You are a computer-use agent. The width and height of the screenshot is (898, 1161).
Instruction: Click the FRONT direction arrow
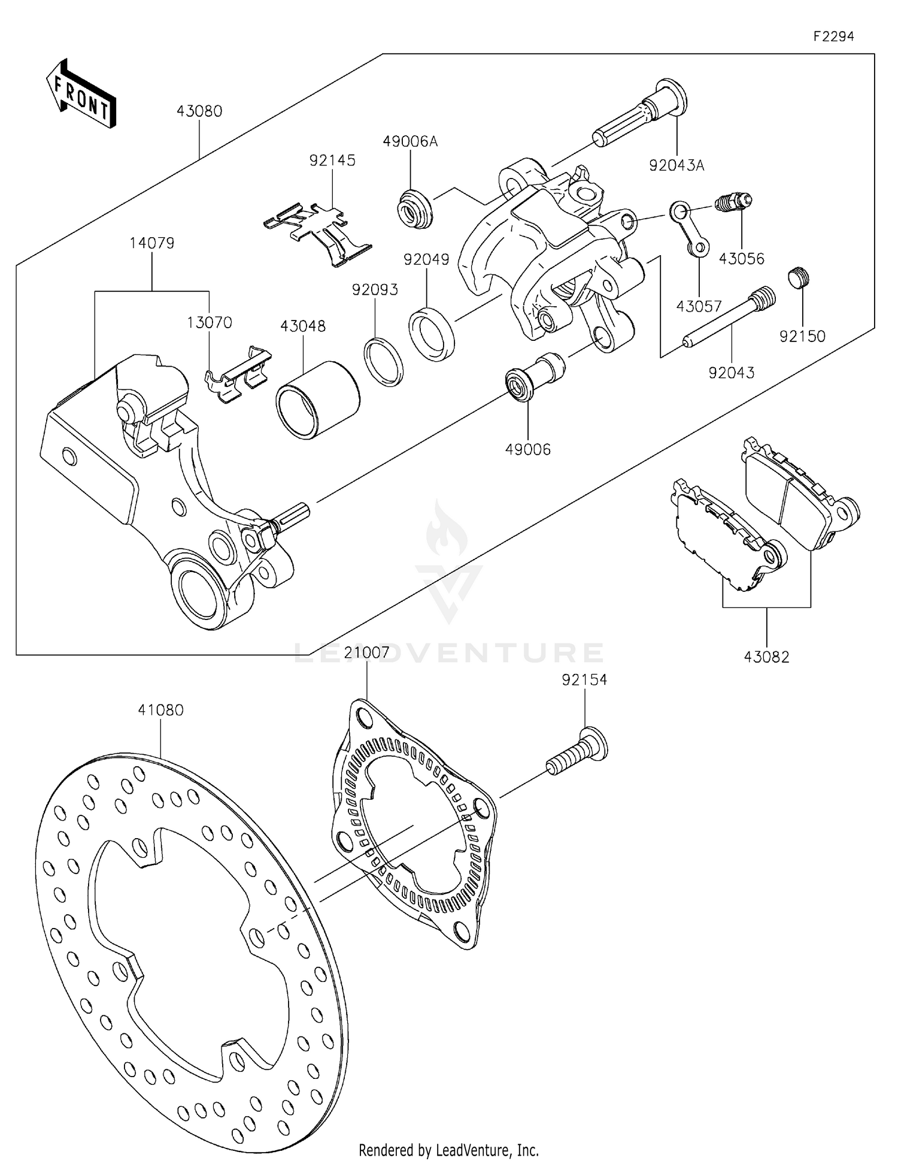pos(81,95)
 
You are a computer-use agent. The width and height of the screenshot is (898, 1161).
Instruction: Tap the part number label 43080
pos(199,111)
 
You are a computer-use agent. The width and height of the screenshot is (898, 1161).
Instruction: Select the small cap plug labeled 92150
pos(798,277)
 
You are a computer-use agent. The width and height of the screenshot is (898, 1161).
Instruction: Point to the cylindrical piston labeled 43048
pos(317,400)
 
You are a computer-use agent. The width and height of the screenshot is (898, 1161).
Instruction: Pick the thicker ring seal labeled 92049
pos(432,333)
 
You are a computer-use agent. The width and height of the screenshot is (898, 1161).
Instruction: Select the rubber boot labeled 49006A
pos(414,208)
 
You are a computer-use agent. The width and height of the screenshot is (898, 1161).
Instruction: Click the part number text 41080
pos(160,710)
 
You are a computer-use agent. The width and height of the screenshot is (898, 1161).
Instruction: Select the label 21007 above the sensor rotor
pos(366,652)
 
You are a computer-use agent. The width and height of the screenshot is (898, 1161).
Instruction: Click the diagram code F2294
pos(833,37)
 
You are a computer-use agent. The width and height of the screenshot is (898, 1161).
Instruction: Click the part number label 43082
pos(766,657)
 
